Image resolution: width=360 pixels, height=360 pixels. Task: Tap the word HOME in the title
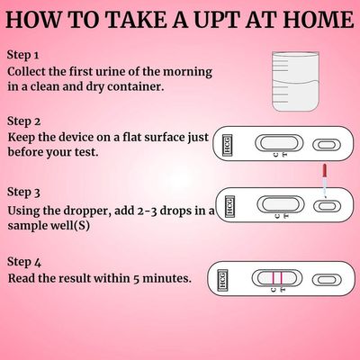click(x=319, y=20)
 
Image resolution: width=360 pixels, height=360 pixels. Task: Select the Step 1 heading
click(x=23, y=56)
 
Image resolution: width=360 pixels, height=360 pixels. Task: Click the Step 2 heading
click(x=23, y=121)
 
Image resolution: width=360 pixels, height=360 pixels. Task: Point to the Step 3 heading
click(x=23, y=193)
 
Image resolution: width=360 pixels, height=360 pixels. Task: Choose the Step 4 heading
click(x=24, y=262)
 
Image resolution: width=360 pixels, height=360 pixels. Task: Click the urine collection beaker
click(x=295, y=81)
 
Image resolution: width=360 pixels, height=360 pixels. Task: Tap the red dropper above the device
click(x=324, y=181)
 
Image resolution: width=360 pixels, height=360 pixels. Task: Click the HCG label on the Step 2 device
click(x=228, y=145)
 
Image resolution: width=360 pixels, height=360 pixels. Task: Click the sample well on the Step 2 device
click(x=327, y=145)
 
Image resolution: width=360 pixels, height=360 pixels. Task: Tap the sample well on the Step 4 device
click(x=327, y=280)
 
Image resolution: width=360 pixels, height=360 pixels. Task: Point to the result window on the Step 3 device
click(x=281, y=204)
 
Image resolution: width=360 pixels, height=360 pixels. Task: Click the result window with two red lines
click(x=276, y=278)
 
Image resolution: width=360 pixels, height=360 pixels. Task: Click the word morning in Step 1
click(x=187, y=72)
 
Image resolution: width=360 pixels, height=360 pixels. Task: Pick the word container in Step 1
click(x=136, y=87)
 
